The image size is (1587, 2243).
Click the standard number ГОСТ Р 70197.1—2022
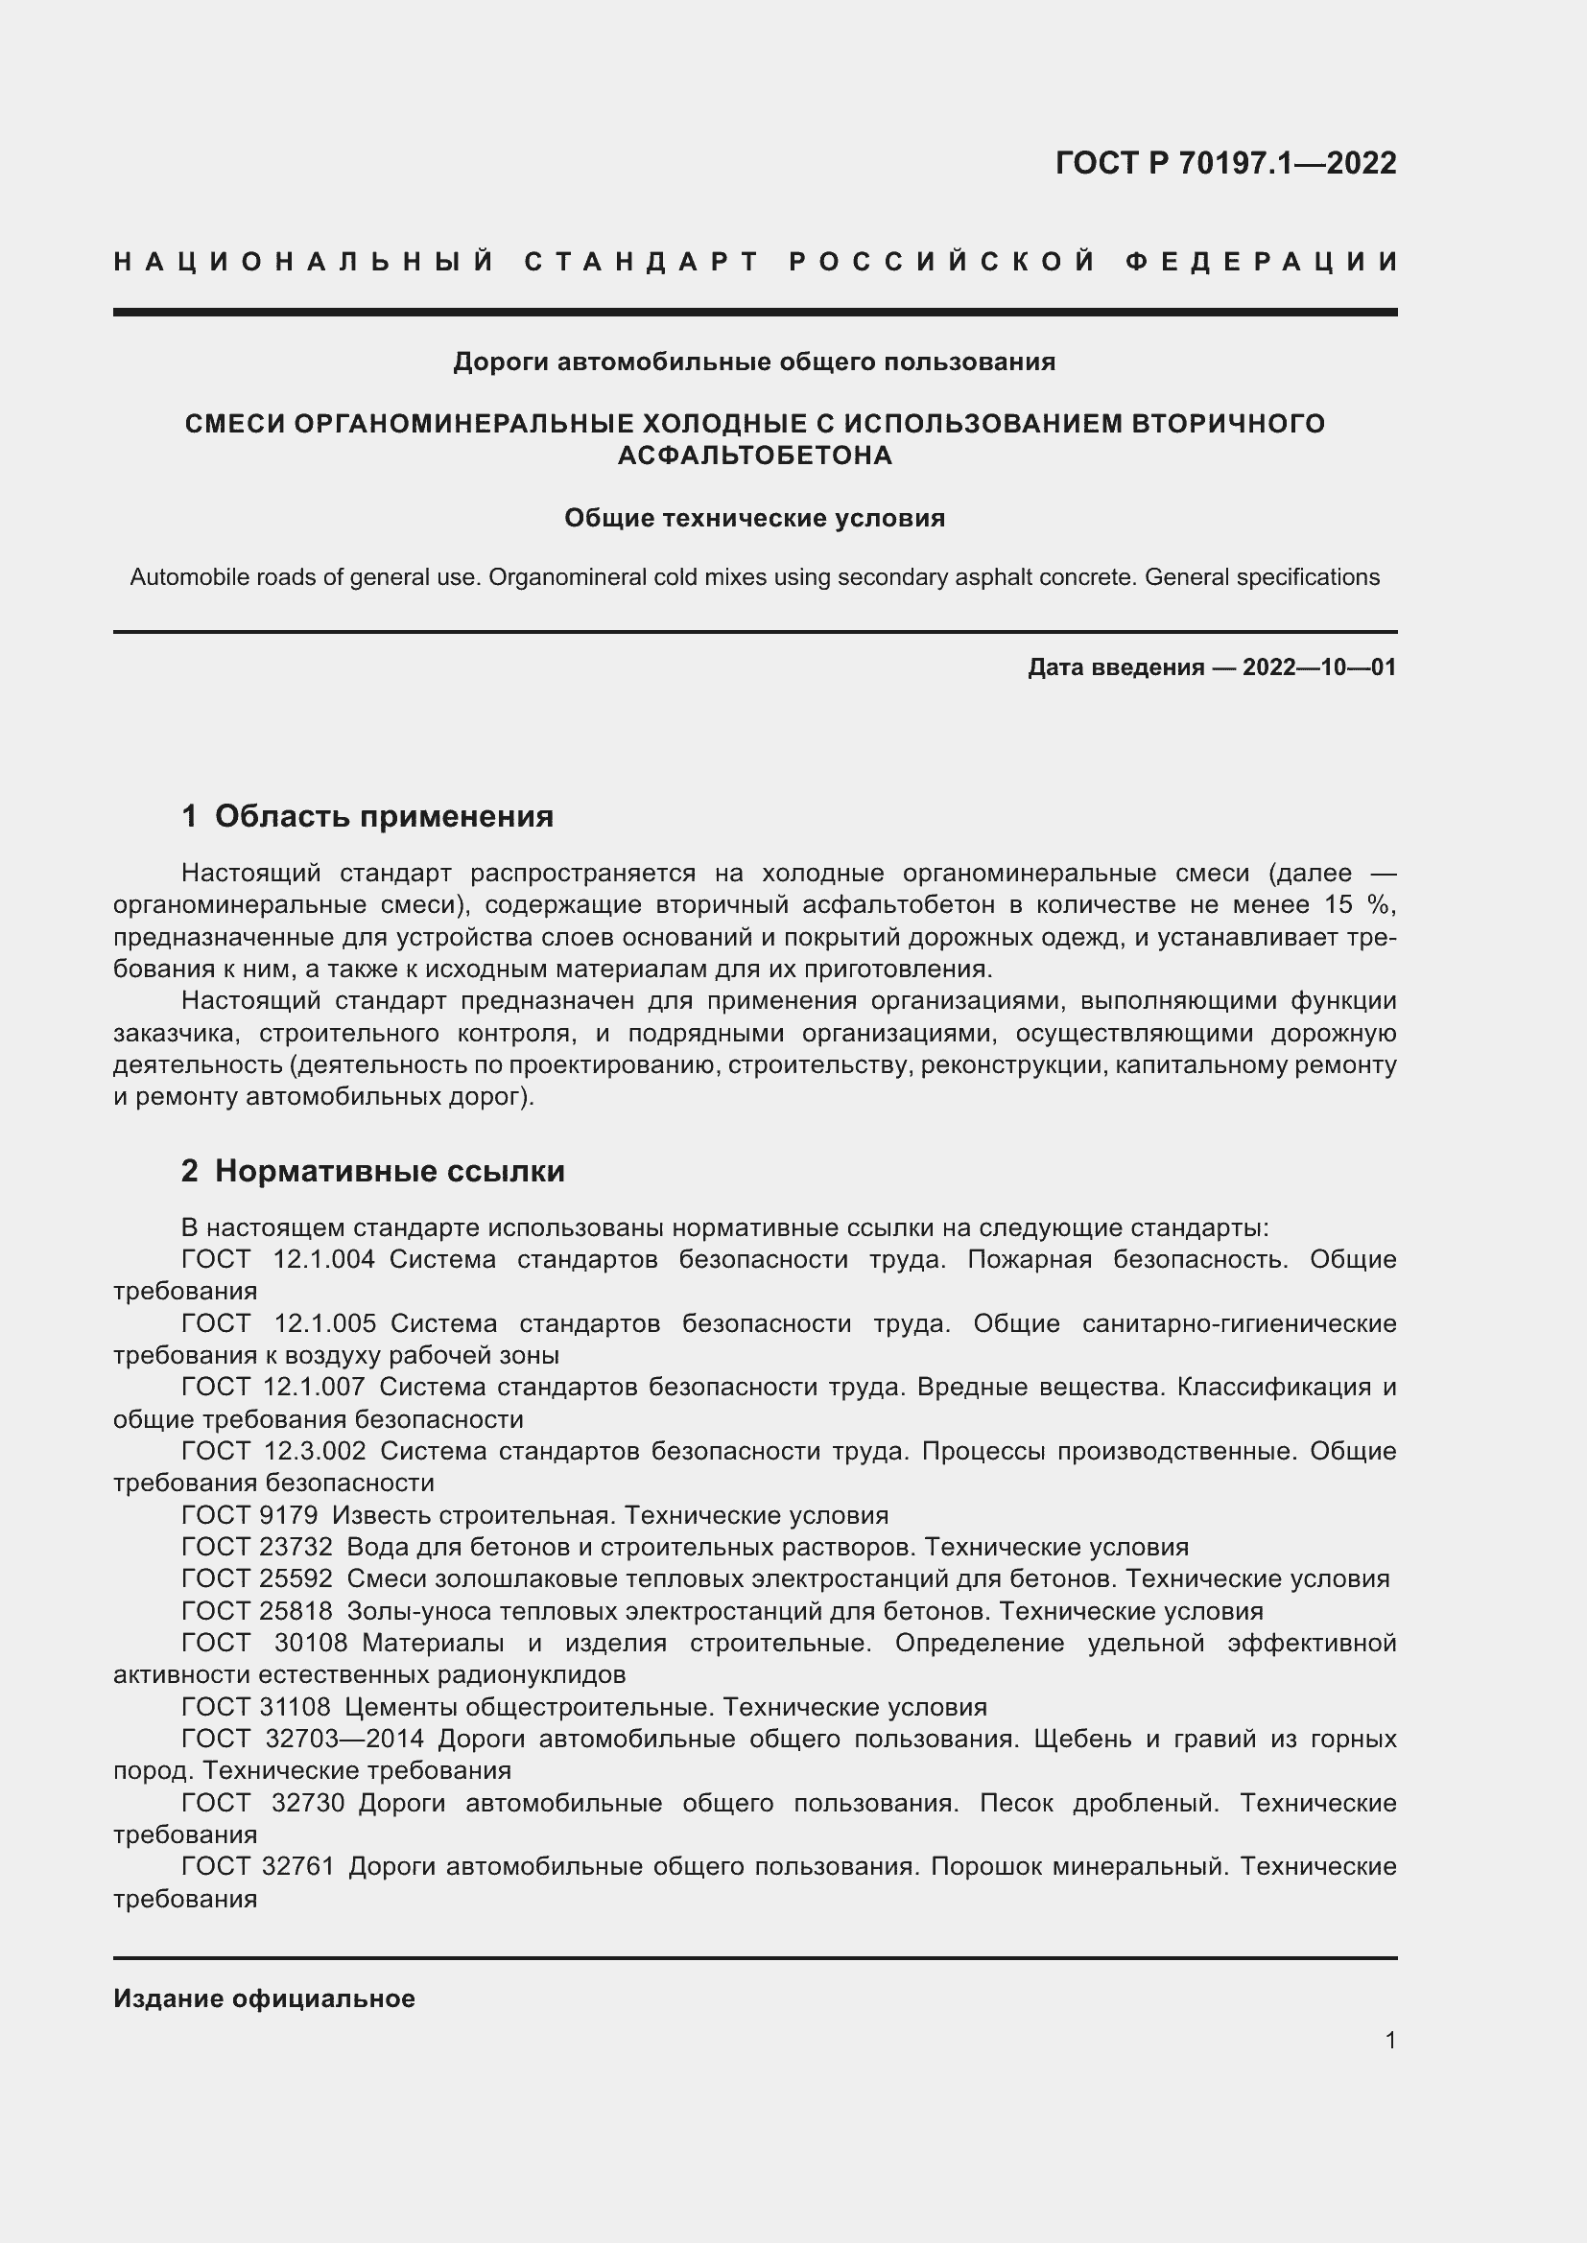tap(1225, 162)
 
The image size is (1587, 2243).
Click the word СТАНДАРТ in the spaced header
tap(642, 262)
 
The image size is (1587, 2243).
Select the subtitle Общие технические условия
tap(754, 518)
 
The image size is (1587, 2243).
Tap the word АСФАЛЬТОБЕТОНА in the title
tap(754, 456)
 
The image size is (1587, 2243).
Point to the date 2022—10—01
tap(1319, 667)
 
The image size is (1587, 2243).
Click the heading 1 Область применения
tap(367, 816)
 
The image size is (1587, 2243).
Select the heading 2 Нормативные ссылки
tap(372, 1170)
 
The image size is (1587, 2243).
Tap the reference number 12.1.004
tap(323, 1259)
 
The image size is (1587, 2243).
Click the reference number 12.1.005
tap(324, 1323)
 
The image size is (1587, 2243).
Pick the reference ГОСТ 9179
tap(249, 1515)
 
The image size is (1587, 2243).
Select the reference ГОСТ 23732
tap(257, 1548)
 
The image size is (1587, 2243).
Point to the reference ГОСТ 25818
tap(257, 1611)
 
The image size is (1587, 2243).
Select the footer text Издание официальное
tap(264, 1998)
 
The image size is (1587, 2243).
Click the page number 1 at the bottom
tap(1390, 2040)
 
